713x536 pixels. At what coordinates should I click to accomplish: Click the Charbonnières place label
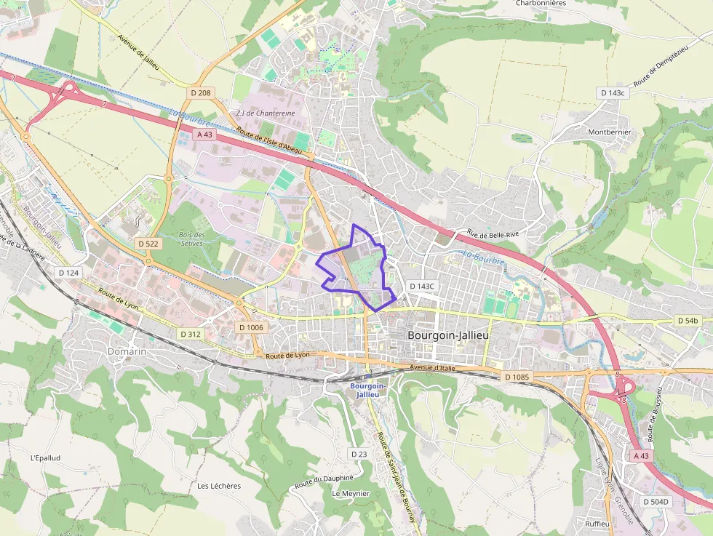[x=541, y=3]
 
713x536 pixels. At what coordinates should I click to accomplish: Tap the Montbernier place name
[x=610, y=132]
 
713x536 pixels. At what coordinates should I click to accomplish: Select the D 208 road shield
[x=200, y=93]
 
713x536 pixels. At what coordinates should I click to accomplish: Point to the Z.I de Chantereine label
[x=266, y=113]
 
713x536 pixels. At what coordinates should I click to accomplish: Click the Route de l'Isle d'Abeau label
[x=268, y=140]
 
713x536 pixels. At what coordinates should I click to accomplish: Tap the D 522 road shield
[x=148, y=244]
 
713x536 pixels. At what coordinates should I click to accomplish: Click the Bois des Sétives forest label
[x=192, y=239]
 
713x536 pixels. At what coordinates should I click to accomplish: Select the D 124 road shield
[x=68, y=272]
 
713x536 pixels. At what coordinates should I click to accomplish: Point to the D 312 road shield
[x=190, y=334]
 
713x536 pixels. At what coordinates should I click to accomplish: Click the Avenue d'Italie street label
[x=432, y=368]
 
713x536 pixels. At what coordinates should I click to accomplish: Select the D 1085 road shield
[x=517, y=377]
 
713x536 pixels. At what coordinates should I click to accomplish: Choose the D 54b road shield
[x=688, y=320]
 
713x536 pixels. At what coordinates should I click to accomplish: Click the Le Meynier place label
[x=351, y=493]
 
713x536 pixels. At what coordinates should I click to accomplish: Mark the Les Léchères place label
[x=219, y=486]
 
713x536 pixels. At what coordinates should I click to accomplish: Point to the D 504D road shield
[x=656, y=502]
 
